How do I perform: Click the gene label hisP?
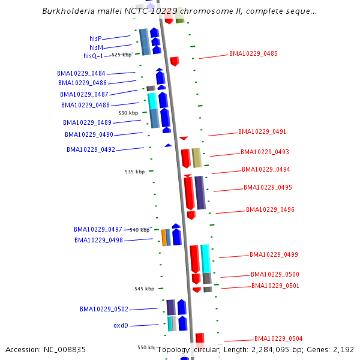95,38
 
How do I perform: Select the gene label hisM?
96,47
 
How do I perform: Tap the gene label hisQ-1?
94,56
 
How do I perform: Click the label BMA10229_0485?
253,53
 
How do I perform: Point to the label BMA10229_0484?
81,73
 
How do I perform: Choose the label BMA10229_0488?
85,105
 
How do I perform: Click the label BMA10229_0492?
91,149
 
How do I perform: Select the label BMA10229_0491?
262,131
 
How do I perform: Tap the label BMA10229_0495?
268,187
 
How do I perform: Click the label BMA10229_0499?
274,254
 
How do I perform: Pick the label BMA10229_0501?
275,286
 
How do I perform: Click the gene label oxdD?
121,325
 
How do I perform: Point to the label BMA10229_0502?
104,309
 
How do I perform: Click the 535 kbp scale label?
134,172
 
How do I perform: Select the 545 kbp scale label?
144,289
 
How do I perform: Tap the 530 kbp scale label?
128,113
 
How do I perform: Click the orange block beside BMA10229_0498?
164,238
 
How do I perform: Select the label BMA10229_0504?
278,338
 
